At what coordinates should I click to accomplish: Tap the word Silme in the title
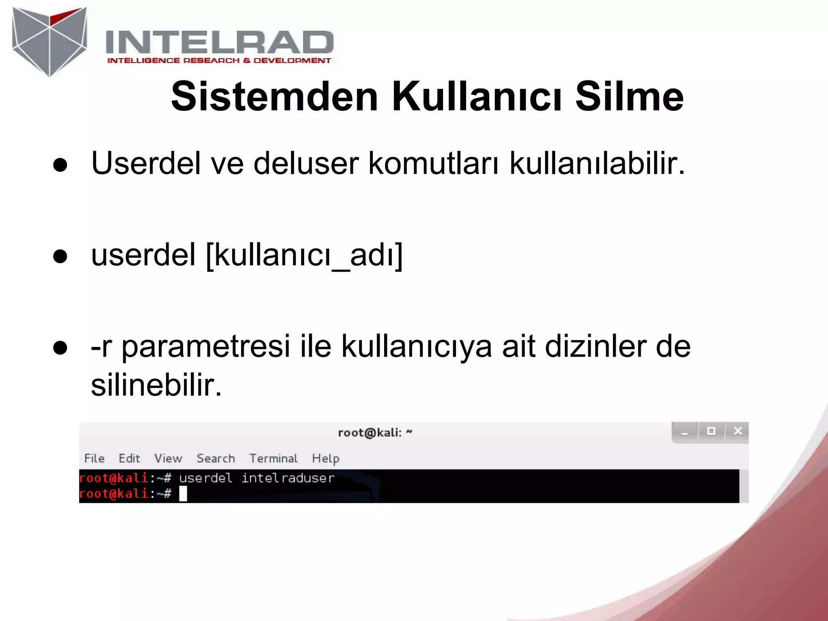pyautogui.click(x=629, y=97)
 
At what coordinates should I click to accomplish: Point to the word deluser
pyautogui.click(x=306, y=163)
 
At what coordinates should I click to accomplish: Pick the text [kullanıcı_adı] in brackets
pyautogui.click(x=304, y=255)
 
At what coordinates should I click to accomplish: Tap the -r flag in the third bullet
pyautogui.click(x=101, y=347)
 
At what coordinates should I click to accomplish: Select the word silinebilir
pyautogui.click(x=156, y=385)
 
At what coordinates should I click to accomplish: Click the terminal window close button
pyautogui.click(x=737, y=431)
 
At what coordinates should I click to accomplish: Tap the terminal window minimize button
pyautogui.click(x=684, y=432)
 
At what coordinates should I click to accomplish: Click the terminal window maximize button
pyautogui.click(x=711, y=431)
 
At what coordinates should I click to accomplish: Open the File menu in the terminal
pyautogui.click(x=94, y=458)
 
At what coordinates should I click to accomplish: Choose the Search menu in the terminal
pyautogui.click(x=215, y=458)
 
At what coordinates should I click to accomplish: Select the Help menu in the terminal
pyautogui.click(x=325, y=458)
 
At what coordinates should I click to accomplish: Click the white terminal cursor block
pyautogui.click(x=183, y=494)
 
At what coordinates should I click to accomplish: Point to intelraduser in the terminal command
pyautogui.click(x=288, y=478)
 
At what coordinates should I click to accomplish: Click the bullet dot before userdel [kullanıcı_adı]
pyautogui.click(x=60, y=256)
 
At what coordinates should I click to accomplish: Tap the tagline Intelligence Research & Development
pyautogui.click(x=219, y=61)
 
